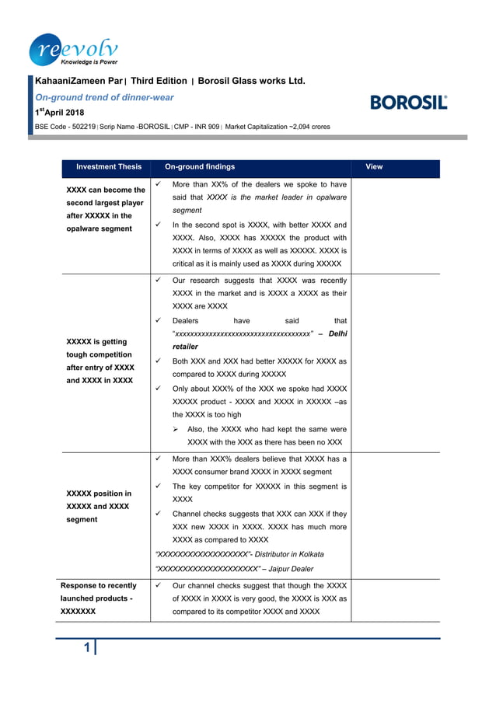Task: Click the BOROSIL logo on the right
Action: click(x=409, y=102)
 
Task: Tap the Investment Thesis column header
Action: click(x=109, y=166)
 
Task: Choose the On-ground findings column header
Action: click(x=200, y=166)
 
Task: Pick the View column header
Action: click(x=374, y=166)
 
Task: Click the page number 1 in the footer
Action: click(x=87, y=648)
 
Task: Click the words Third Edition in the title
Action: click(x=159, y=81)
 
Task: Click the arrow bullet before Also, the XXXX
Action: click(x=176, y=429)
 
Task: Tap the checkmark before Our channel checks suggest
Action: click(x=158, y=584)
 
